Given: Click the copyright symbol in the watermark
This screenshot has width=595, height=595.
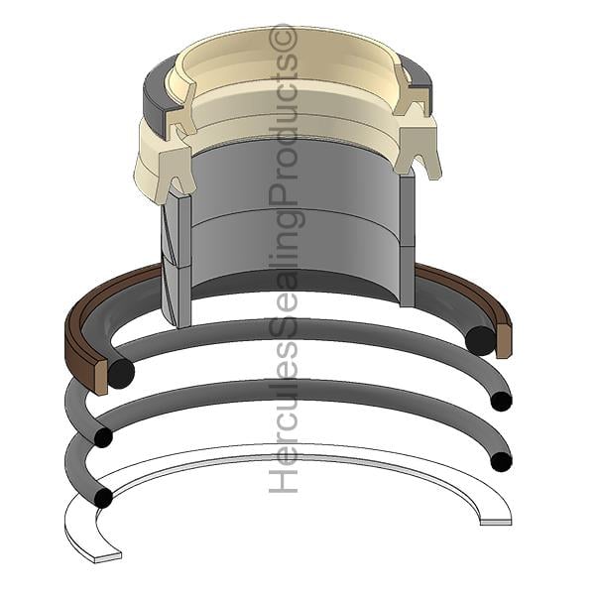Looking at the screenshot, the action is coord(283,38).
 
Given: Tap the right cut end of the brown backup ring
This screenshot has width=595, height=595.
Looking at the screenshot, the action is coord(503,340).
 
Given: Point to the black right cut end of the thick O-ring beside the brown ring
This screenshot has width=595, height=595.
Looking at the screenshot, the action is coord(480,340).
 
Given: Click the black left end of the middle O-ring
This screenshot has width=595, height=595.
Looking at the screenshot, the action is coord(103,437).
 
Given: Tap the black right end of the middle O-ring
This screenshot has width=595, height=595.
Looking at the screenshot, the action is coord(501,402).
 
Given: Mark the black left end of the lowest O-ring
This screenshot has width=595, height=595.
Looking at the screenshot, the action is coord(103,498).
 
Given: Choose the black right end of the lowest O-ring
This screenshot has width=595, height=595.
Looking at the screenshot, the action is coord(501,461).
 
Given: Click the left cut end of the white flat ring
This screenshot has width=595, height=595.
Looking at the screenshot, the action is coord(107,557).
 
